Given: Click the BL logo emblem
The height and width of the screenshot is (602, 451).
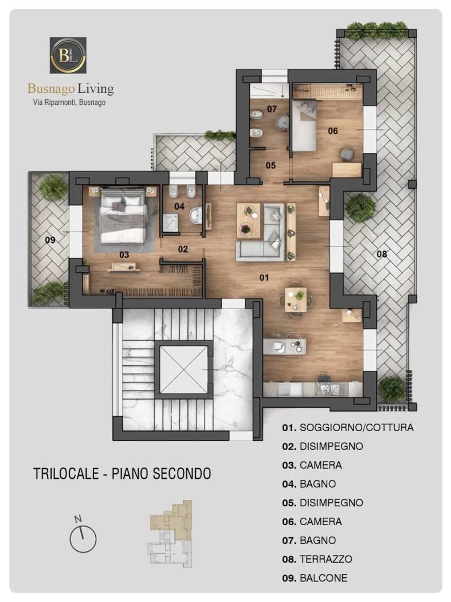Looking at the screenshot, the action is (x=68, y=55).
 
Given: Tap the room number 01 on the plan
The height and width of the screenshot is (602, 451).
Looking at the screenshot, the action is (x=264, y=277).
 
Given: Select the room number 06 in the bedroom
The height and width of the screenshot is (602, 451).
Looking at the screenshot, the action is (x=333, y=131).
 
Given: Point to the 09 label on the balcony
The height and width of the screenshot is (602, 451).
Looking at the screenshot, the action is (x=50, y=240).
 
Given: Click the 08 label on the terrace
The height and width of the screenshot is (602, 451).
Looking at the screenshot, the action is (x=382, y=254).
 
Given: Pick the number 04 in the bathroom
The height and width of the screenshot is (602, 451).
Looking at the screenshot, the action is (x=179, y=206).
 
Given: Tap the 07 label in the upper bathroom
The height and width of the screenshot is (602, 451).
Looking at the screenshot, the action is (x=272, y=109).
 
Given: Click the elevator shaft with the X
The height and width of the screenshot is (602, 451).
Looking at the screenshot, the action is (x=183, y=369).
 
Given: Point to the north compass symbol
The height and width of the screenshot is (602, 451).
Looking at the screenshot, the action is (x=83, y=536).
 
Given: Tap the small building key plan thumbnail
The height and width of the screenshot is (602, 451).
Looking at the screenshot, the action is (x=170, y=534).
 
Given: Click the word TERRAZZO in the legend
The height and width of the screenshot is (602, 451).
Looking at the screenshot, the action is (x=325, y=559).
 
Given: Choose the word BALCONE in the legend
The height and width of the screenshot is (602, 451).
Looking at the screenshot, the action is (x=323, y=578).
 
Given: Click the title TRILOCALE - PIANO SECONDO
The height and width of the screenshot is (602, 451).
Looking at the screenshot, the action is (x=122, y=474).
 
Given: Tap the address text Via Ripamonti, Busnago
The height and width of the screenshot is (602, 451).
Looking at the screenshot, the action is (x=69, y=103).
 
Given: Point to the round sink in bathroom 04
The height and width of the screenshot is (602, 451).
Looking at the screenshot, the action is (x=196, y=214).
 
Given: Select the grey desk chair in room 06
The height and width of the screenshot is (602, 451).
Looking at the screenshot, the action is (x=347, y=153).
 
